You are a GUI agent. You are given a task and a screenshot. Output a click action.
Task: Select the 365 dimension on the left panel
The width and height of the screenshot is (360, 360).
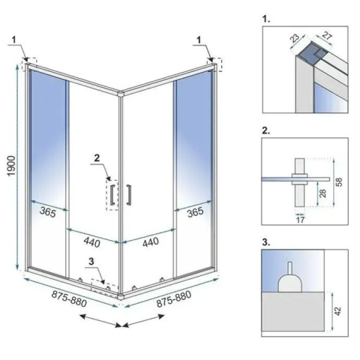[47, 213]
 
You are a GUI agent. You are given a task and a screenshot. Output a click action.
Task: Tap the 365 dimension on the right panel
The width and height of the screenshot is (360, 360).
[195, 213]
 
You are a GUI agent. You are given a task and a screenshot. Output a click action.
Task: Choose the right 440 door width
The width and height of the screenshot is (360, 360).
[150, 242]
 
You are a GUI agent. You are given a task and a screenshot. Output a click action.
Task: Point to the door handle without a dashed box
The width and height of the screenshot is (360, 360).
[130, 193]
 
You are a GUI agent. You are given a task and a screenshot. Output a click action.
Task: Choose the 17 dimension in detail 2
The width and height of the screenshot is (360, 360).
[300, 220]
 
